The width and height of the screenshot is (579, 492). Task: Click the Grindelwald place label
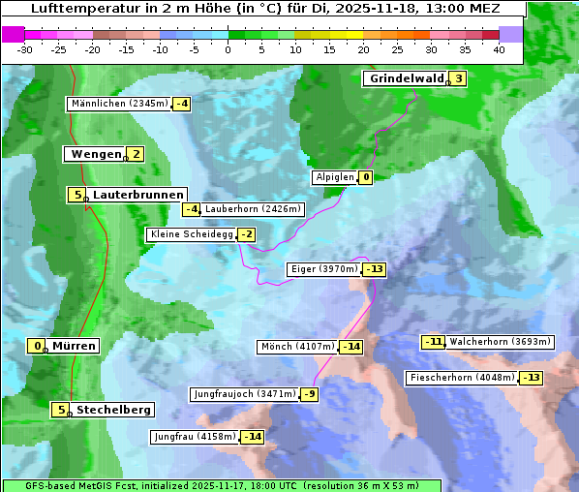[x=406, y=79]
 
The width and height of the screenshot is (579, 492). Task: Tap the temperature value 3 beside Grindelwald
[x=458, y=79]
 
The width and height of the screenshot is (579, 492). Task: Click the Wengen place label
[x=95, y=154]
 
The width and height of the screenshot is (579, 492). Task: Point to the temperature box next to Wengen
[x=136, y=154]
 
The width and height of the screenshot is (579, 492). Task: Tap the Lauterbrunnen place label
[x=137, y=195]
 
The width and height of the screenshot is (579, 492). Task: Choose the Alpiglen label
[x=334, y=177]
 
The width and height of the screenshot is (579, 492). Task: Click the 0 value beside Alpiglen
[x=366, y=177]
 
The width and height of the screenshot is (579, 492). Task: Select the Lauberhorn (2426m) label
[x=253, y=208]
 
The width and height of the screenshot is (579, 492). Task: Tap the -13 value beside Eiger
[x=375, y=269]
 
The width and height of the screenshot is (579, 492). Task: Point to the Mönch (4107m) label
[x=297, y=346]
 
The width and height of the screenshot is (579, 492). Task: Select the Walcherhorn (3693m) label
[x=500, y=341]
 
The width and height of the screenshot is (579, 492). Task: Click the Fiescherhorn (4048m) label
[x=462, y=378]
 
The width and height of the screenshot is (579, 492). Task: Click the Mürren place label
[x=74, y=346]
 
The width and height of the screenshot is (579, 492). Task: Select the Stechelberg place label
[x=113, y=410]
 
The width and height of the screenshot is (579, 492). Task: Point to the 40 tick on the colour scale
[x=499, y=49]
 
